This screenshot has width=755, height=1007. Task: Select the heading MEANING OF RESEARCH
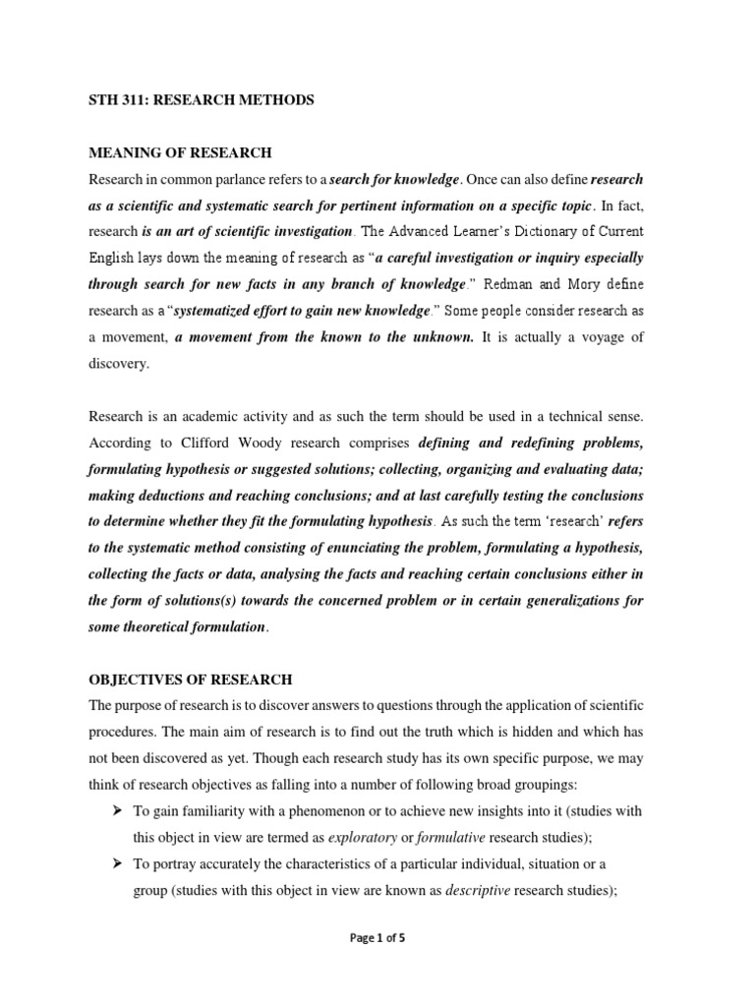tap(180, 152)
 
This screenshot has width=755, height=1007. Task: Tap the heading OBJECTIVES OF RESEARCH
tap(191, 680)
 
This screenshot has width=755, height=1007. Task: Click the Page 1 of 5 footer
tap(377, 938)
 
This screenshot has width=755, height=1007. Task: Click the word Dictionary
tap(545, 231)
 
